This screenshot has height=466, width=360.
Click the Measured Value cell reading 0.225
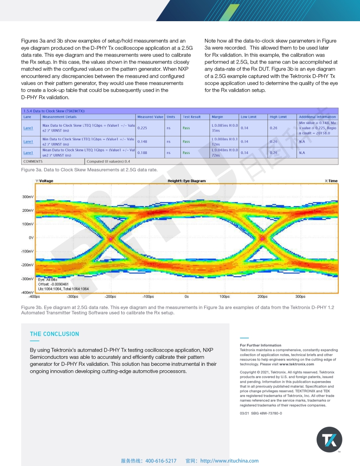142,128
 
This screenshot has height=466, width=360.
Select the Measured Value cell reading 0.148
142,142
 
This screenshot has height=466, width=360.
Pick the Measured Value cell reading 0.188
142,153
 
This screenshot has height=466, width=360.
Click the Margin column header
217,117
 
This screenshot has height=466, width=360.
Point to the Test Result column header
191,117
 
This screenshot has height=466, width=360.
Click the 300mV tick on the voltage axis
28,197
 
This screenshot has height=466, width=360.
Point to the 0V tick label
31,238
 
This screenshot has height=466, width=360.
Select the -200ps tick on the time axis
110,297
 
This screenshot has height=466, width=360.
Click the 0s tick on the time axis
187,297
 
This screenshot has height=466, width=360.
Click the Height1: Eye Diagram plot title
186,181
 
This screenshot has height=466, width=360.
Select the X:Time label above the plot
331,181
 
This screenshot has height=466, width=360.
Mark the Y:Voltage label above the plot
44,181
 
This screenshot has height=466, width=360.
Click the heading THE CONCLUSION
54,334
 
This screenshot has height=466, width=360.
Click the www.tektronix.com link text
296,364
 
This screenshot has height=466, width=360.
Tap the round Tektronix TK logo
329,440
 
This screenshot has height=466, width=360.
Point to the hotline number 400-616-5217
161,461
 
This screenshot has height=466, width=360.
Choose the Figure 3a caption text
89,169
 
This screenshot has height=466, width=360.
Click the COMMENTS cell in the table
33,162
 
